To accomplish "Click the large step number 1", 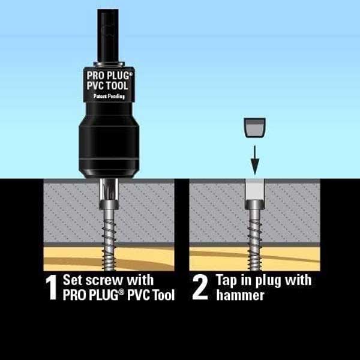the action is pyautogui.click(x=52, y=287).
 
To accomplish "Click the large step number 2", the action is pyautogui.click(x=200, y=287).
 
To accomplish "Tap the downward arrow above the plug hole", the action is pyautogui.click(x=254, y=160).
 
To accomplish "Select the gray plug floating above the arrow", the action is pyautogui.click(x=254, y=128).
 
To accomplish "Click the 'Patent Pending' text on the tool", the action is pyautogui.click(x=109, y=96).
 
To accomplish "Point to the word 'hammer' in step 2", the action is pyautogui.click(x=240, y=295).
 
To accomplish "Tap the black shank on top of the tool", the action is pyautogui.click(x=108, y=35).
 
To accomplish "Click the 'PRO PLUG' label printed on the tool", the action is pyautogui.click(x=109, y=76).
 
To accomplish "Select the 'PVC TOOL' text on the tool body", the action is pyautogui.click(x=107, y=86).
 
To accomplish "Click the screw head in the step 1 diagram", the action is pyautogui.click(x=109, y=205).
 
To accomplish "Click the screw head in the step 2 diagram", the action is pyautogui.click(x=254, y=205).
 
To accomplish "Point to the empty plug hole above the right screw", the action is pyautogui.click(x=254, y=190).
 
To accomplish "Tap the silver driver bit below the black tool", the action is pyautogui.click(x=109, y=190).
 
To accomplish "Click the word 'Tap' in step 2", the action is pyautogui.click(x=226, y=281).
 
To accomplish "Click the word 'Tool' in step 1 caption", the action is pyautogui.click(x=163, y=295).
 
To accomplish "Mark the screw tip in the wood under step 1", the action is pyautogui.click(x=110, y=269).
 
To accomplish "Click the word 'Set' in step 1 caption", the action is pyautogui.click(x=72, y=280).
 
